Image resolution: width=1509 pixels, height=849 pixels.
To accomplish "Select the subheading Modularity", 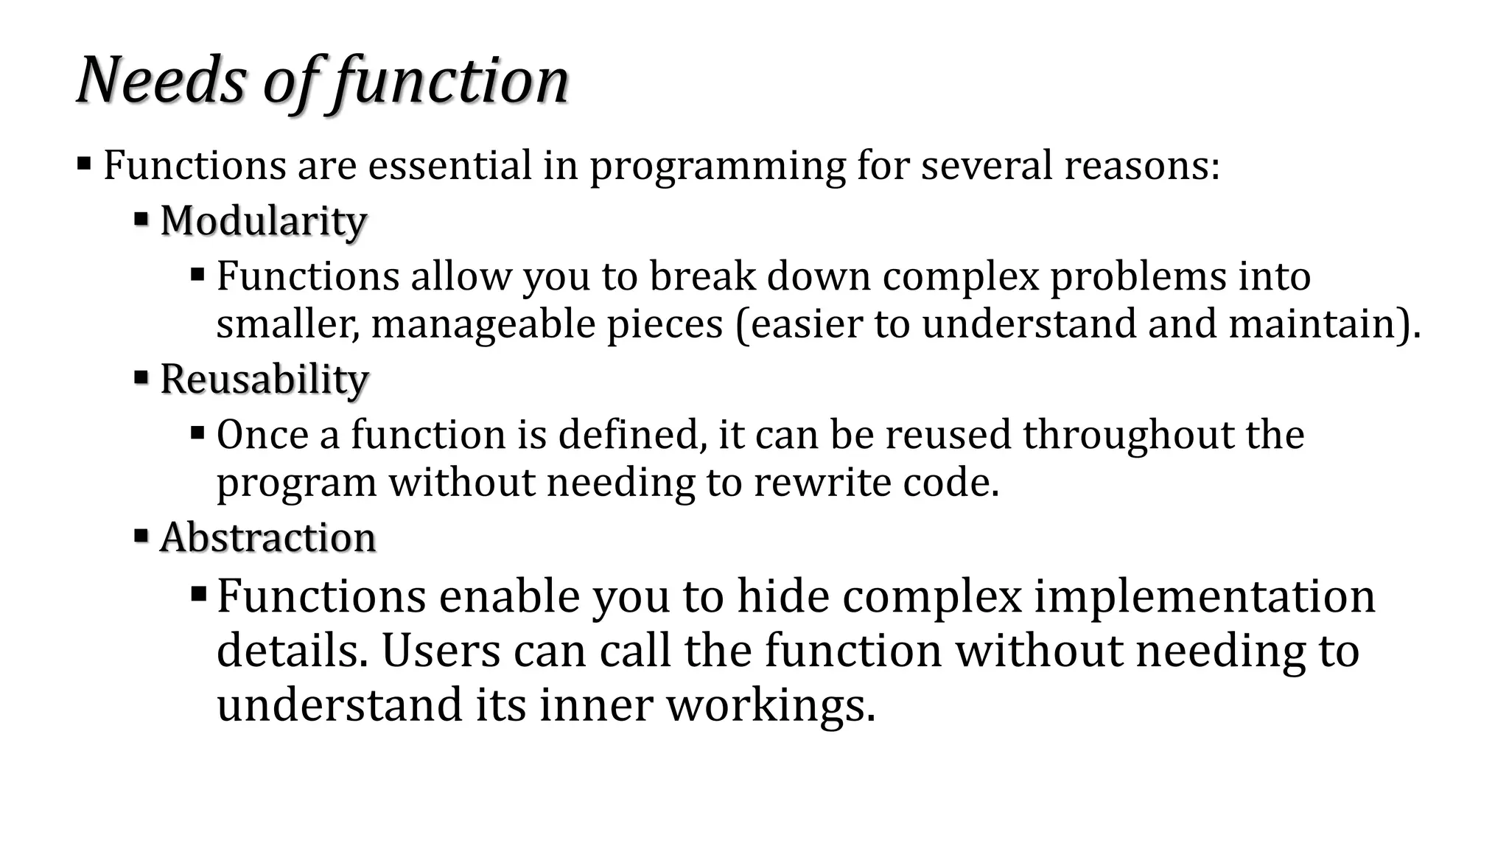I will point(263,220).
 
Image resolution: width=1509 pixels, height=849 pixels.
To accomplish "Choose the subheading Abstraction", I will point(267,537).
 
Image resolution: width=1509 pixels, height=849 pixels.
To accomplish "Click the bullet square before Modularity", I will point(141,219).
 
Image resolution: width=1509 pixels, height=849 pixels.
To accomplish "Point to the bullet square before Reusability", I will point(141,377).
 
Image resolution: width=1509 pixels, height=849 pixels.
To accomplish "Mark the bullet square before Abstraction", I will point(141,535).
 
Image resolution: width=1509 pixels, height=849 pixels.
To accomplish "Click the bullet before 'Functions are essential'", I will point(84,163).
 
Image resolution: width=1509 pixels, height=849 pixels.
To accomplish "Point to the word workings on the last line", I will point(770,705).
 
